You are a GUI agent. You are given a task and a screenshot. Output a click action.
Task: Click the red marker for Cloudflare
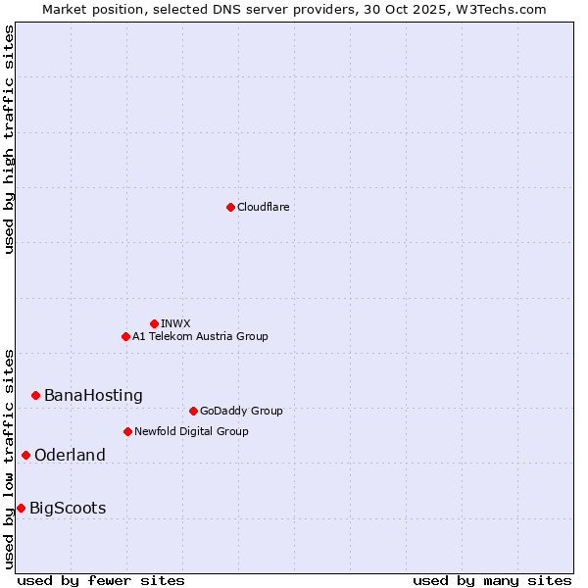tap(230, 207)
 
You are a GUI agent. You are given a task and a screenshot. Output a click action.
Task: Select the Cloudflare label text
tap(263, 207)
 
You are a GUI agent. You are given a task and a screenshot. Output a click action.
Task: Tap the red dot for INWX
tap(154, 323)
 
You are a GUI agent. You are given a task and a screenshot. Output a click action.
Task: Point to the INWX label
tap(175, 323)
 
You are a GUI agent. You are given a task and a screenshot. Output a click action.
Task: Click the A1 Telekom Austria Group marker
tap(125, 336)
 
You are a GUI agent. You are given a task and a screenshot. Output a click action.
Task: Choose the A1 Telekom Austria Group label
tap(200, 336)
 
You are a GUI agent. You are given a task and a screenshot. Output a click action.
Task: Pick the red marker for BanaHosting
tap(35, 395)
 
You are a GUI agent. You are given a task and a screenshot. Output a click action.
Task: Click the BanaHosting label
tap(93, 396)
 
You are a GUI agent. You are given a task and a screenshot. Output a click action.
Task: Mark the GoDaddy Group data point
tap(193, 411)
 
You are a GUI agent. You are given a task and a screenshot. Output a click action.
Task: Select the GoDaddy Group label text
tap(241, 411)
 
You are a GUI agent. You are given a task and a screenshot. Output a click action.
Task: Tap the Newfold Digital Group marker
tap(127, 431)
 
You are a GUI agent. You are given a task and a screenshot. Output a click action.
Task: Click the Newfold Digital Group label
tap(191, 431)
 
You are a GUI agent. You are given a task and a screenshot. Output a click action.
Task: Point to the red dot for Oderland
tap(25, 455)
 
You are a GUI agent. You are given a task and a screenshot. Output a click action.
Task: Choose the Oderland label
tap(70, 456)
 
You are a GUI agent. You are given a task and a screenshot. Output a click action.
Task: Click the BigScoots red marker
tap(21, 508)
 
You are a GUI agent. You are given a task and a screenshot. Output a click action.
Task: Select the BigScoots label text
tap(68, 509)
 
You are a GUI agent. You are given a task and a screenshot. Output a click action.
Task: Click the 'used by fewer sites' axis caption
tap(101, 580)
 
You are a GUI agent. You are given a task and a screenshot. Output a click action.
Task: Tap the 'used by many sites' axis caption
tap(492, 580)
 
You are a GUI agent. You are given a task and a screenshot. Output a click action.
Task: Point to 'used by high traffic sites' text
tap(10, 139)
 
